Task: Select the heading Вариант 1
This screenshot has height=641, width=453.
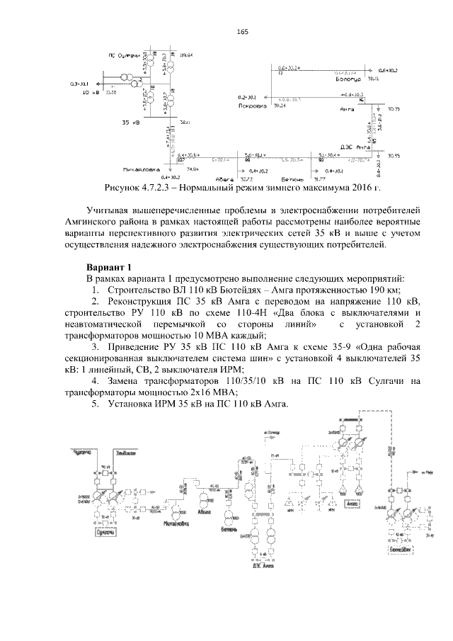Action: click(x=109, y=267)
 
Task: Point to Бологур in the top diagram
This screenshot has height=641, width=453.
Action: click(x=350, y=79)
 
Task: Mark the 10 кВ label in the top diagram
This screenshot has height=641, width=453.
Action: click(x=89, y=93)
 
